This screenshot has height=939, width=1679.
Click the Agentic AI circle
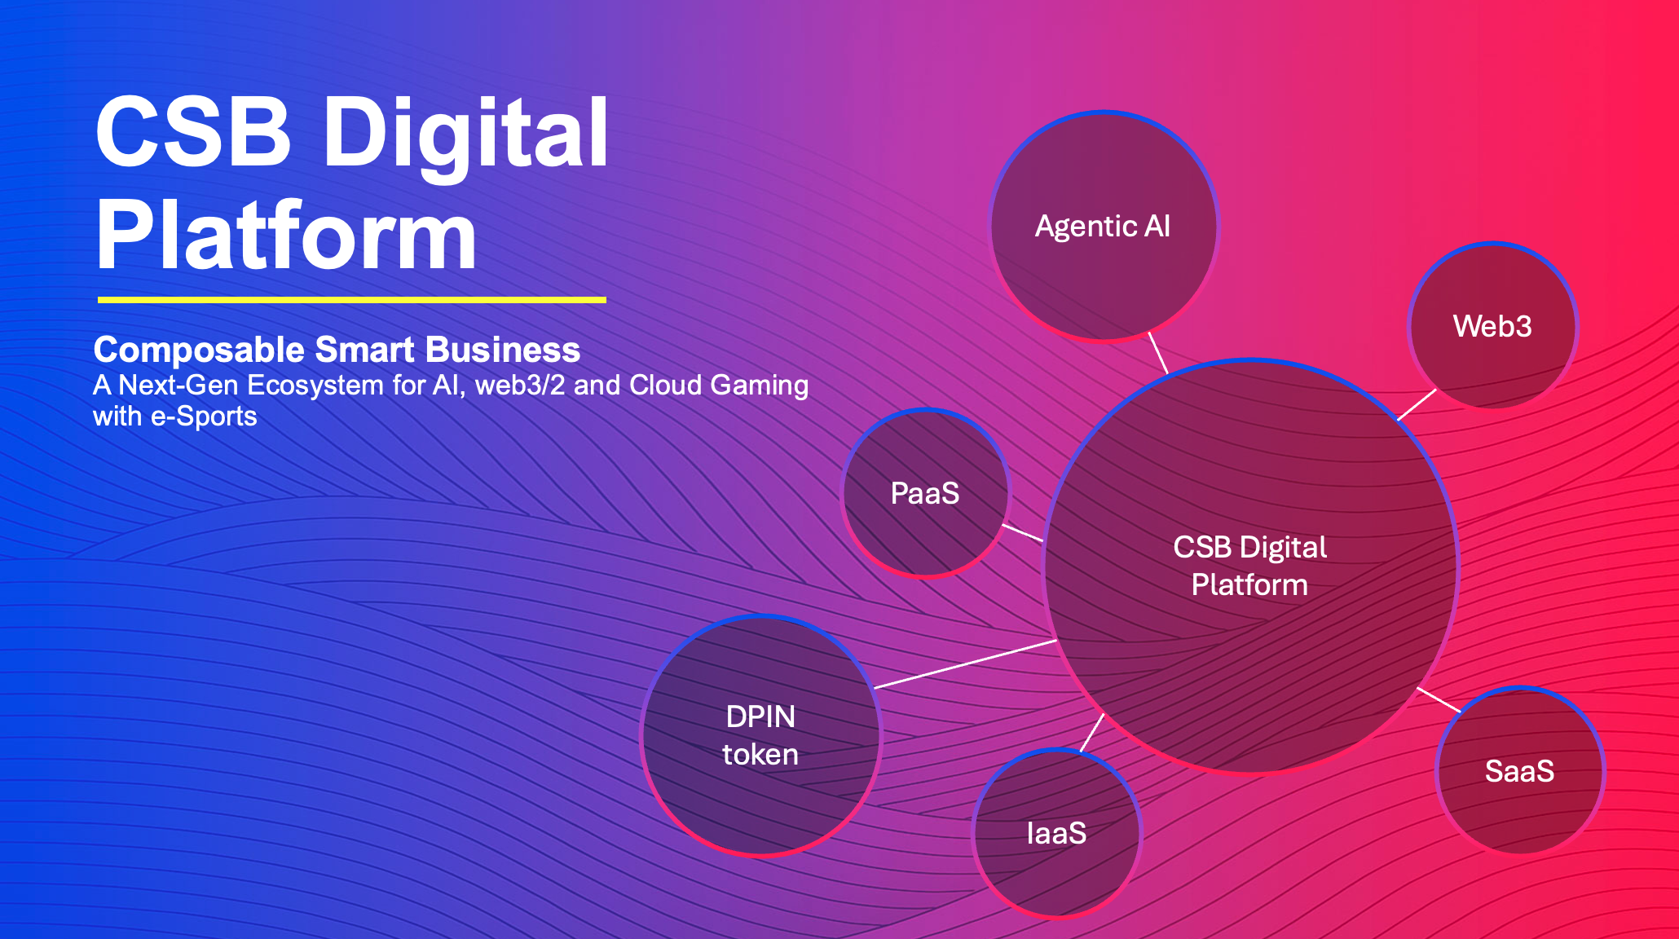(x=1103, y=226)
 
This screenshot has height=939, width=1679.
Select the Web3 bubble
(x=1492, y=326)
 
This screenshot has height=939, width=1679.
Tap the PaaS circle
(x=925, y=493)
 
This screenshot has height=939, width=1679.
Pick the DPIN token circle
(x=760, y=735)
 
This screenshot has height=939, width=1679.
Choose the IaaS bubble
(x=1057, y=833)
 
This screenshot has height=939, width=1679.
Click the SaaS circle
(x=1519, y=771)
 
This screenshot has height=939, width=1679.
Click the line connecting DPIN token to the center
(x=965, y=664)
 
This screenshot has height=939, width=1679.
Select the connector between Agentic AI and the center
(x=1158, y=353)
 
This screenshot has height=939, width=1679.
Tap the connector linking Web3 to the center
(x=1417, y=404)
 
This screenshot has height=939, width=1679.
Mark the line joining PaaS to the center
(x=1022, y=533)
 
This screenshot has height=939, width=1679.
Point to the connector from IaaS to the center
(x=1092, y=732)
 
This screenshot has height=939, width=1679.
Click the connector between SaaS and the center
(x=1439, y=699)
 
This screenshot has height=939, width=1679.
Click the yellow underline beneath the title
(x=351, y=300)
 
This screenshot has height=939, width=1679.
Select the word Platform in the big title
(x=285, y=236)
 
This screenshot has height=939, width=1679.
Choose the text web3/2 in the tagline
(x=519, y=386)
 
